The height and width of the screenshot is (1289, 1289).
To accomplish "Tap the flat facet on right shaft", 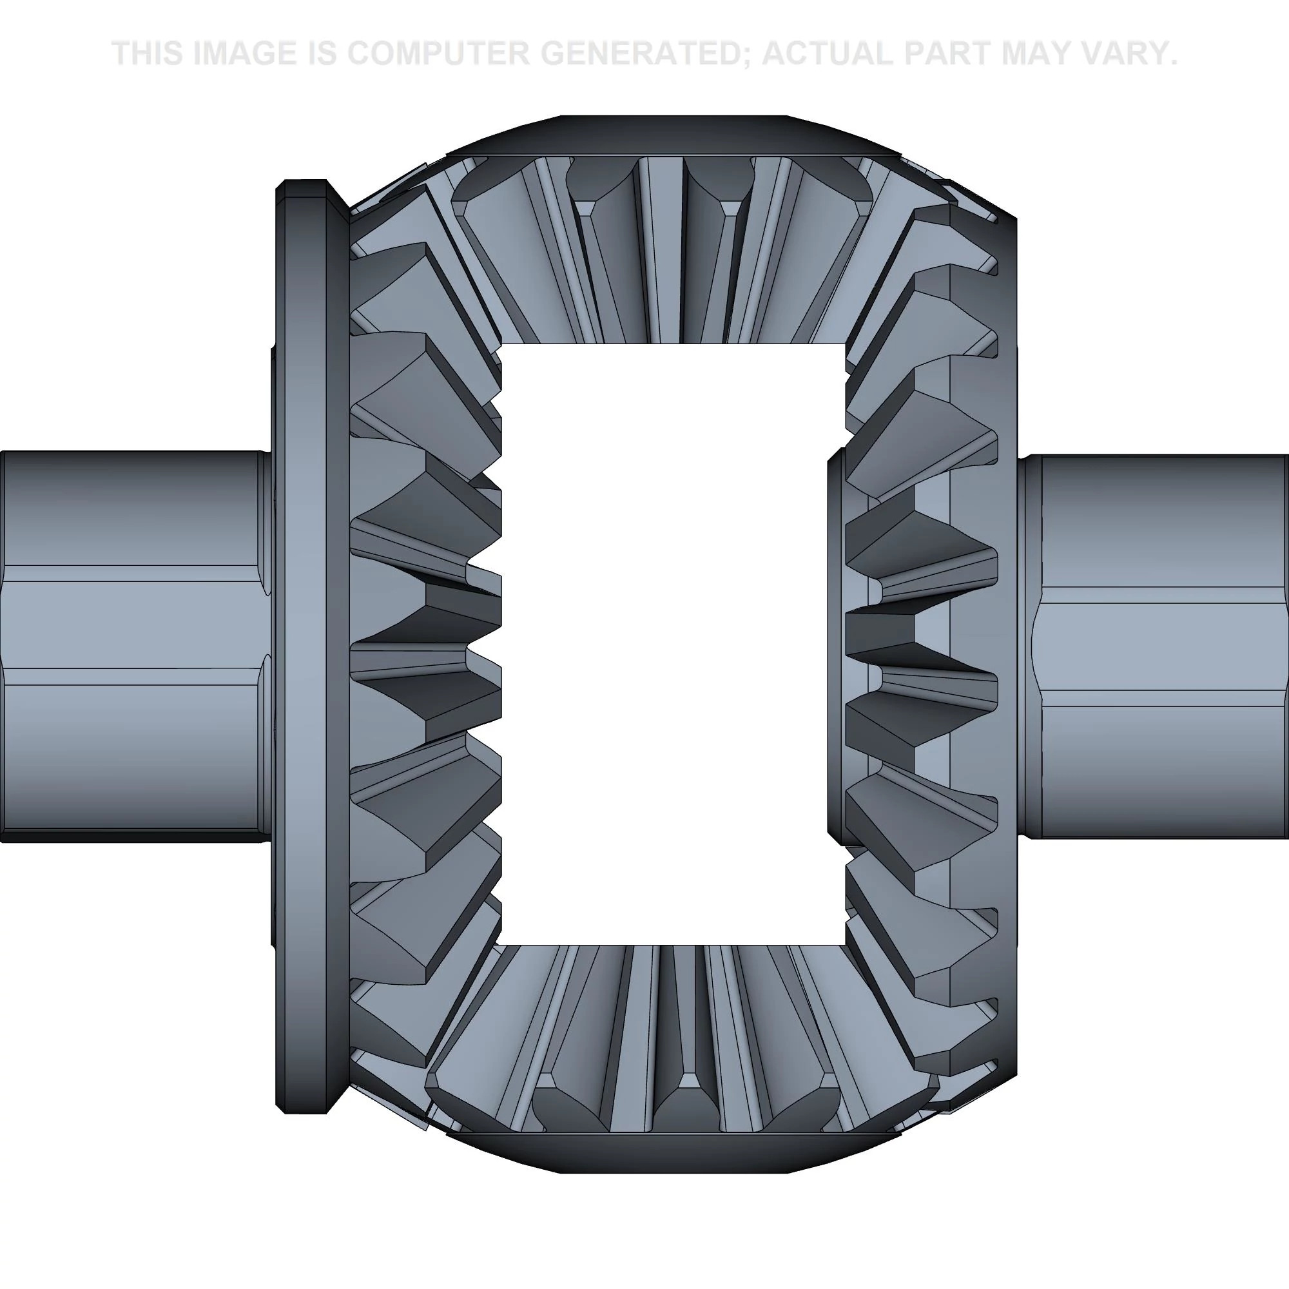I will point(1161,646).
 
